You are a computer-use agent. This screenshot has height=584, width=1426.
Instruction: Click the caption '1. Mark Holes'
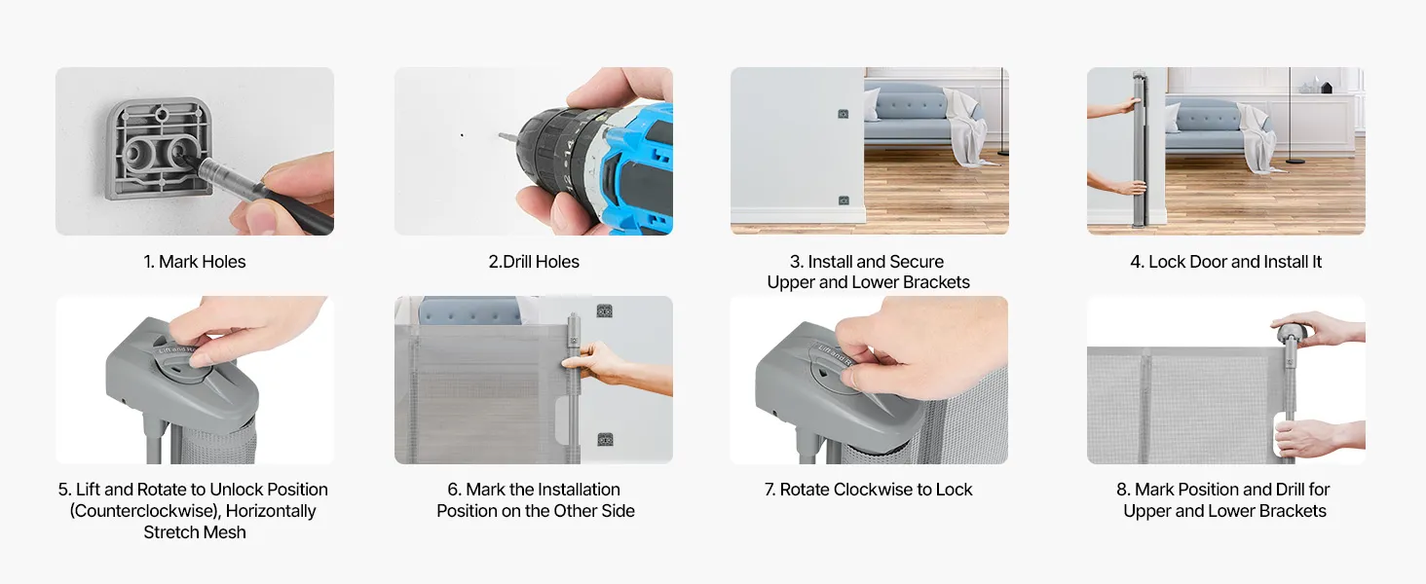point(194,262)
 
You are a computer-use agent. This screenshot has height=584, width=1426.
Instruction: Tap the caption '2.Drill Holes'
point(534,262)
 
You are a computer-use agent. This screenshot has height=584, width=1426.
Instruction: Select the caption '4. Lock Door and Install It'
point(1225,262)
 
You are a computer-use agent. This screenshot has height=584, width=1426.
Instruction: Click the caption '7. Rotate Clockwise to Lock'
point(868,490)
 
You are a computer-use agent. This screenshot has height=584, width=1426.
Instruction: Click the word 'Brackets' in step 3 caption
point(934,282)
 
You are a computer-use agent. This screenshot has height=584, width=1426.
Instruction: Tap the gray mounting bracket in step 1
point(159,148)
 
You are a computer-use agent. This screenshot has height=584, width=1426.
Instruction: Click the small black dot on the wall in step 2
point(462,135)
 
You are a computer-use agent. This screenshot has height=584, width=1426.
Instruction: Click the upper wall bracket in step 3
point(843,114)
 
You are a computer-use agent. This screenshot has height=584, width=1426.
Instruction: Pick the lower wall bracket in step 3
point(843,201)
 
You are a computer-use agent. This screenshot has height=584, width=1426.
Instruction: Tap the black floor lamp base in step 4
point(1295,162)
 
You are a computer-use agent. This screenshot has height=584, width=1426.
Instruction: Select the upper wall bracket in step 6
point(604,311)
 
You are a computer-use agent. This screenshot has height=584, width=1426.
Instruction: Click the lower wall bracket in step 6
point(605,439)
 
